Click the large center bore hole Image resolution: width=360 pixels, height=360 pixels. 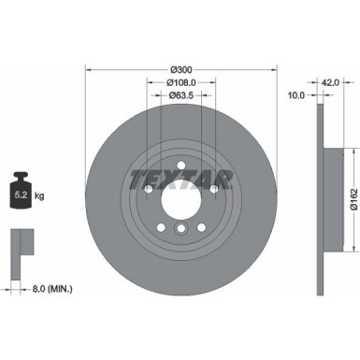pyautogui.click(x=181, y=198)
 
